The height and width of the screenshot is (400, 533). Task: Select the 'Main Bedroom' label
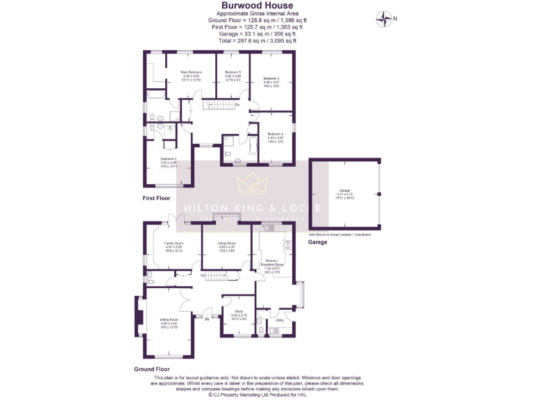click(x=191, y=72)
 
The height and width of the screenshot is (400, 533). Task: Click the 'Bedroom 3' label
click(x=271, y=78)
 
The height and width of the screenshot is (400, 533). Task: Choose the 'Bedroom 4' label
click(x=276, y=133)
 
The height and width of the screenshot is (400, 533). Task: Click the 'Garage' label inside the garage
click(x=344, y=190)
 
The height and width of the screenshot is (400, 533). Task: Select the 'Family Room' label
click(x=173, y=244)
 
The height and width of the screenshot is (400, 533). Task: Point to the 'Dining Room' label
click(x=227, y=243)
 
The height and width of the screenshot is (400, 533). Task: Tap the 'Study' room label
click(x=239, y=311)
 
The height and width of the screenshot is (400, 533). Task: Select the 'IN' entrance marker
click(x=208, y=319)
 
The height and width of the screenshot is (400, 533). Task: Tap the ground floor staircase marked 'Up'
click(x=217, y=276)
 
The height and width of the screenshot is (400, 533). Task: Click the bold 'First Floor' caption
click(x=156, y=198)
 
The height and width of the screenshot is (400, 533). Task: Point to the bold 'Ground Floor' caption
click(x=151, y=369)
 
